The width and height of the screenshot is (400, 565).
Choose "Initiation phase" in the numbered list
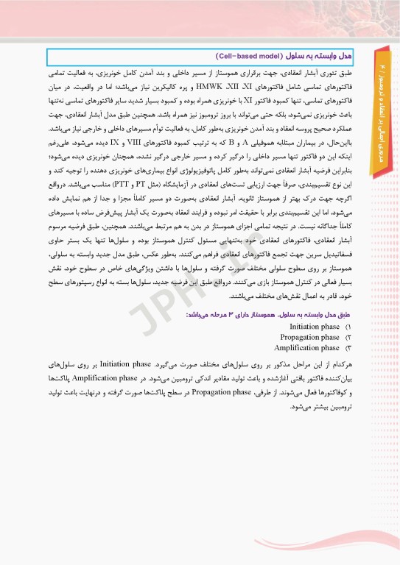[x=315, y=326]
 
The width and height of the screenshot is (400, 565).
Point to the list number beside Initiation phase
[x=348, y=326]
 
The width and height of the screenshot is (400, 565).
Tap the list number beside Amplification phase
[x=348, y=348]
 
